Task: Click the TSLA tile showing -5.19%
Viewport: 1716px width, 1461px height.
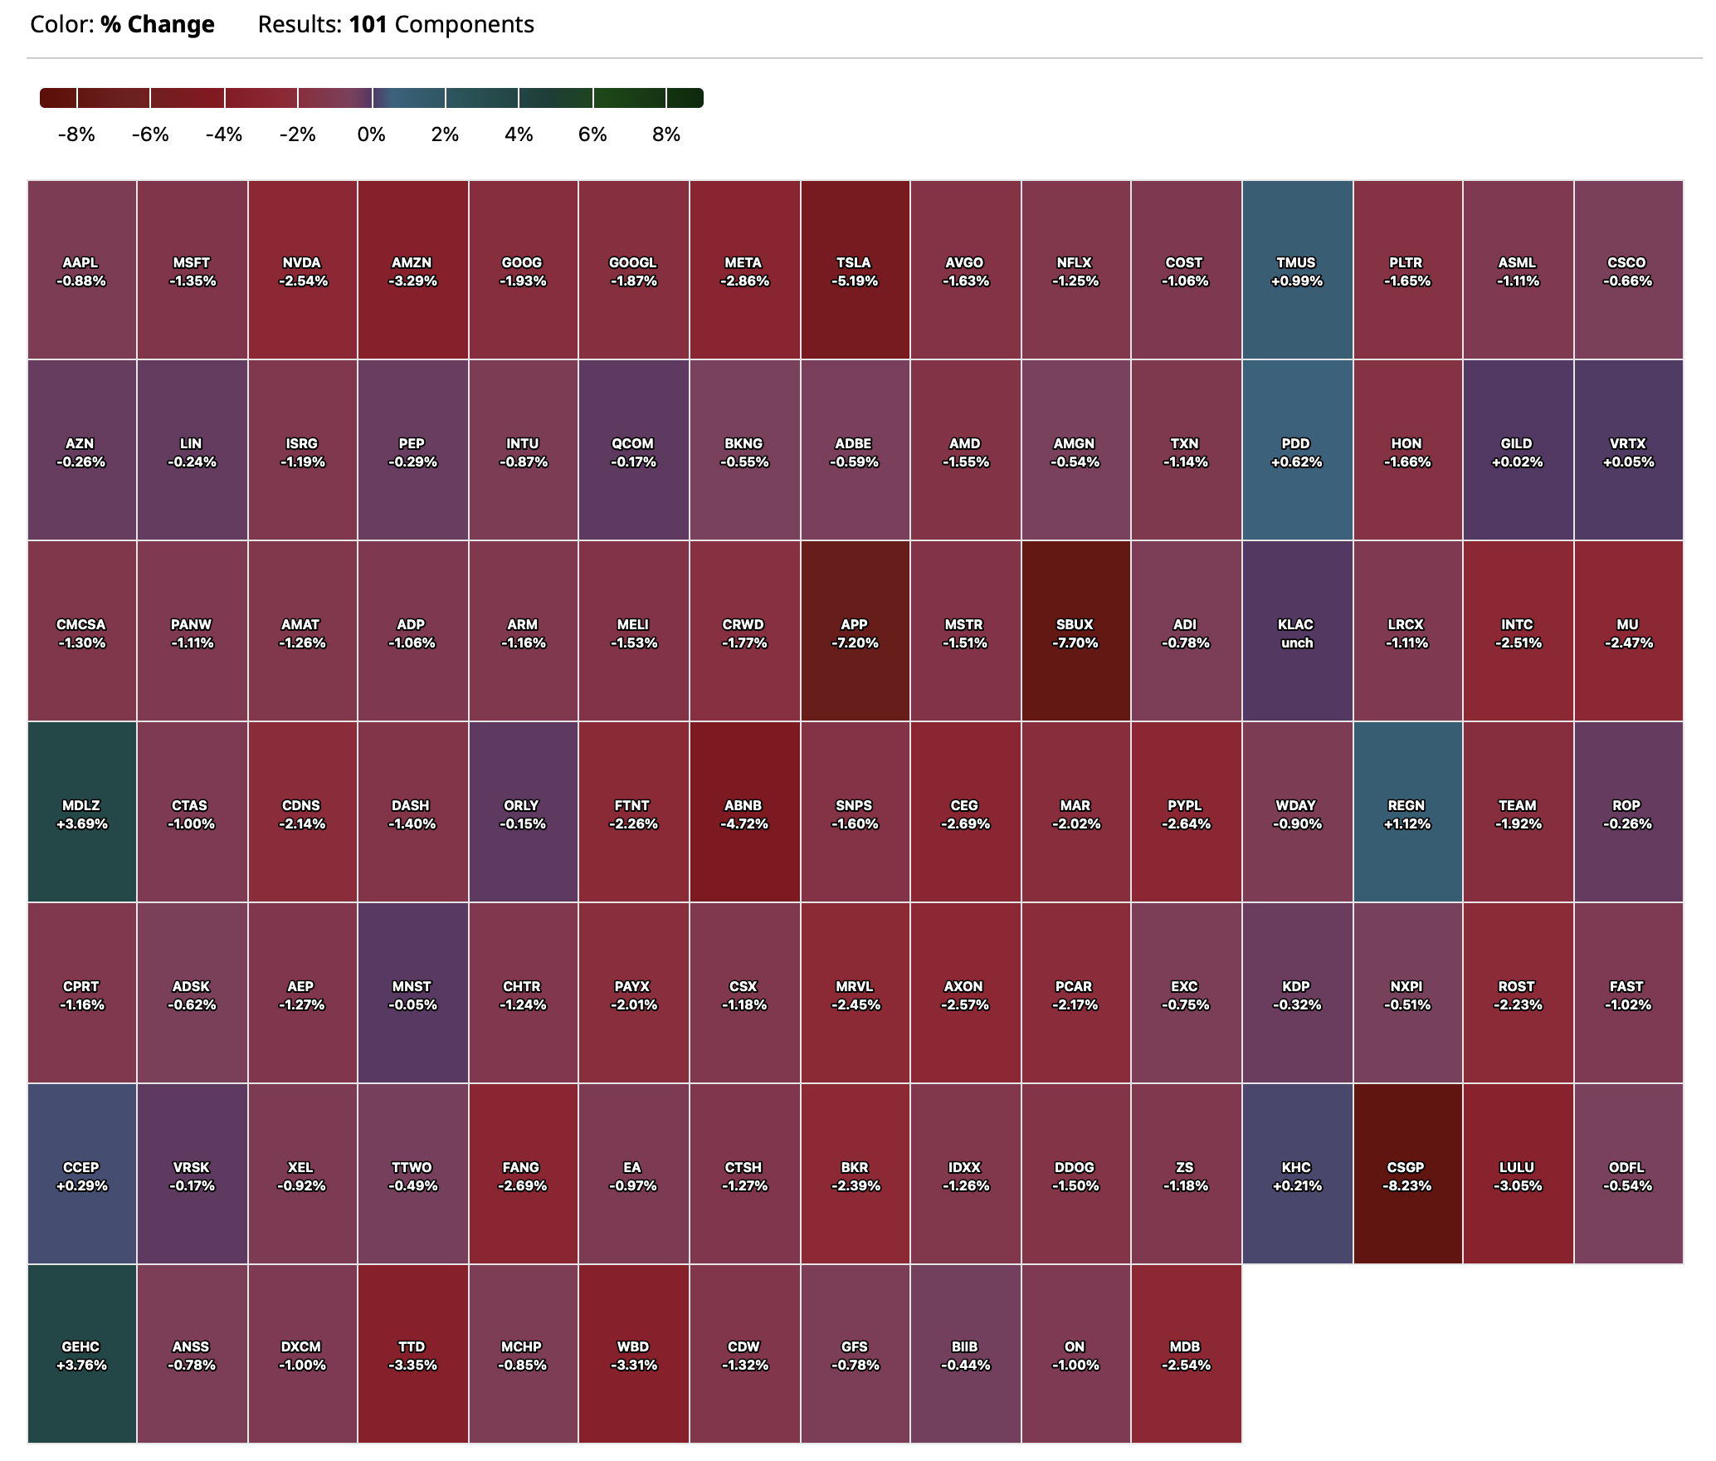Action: click(855, 271)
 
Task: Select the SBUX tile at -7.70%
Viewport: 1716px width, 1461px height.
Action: click(1075, 633)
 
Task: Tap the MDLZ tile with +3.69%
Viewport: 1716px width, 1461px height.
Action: click(81, 814)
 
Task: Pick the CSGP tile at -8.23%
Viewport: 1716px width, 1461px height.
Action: click(1406, 1175)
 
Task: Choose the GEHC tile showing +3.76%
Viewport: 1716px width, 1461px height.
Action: click(81, 1355)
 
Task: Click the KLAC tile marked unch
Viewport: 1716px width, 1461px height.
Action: click(1296, 633)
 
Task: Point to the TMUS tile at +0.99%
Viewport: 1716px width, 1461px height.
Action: click(1296, 271)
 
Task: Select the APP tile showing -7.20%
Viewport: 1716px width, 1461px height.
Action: click(855, 633)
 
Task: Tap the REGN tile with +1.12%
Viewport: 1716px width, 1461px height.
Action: click(1406, 814)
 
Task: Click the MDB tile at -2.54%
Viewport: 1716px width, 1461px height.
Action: click(1185, 1355)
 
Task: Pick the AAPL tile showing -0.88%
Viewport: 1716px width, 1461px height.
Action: click(81, 271)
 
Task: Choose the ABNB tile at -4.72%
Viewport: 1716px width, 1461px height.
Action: click(743, 814)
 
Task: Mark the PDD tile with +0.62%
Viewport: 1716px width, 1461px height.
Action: click(1296, 452)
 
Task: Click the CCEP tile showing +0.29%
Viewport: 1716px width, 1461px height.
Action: click(81, 1175)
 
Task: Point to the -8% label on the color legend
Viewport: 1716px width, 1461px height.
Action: click(76, 134)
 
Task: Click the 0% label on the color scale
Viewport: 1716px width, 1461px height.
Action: click(371, 134)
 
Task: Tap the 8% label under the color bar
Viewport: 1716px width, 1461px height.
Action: click(665, 134)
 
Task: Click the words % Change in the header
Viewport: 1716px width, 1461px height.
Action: click(158, 25)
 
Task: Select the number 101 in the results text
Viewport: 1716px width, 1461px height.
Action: click(368, 25)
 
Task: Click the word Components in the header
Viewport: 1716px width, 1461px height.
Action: click(464, 25)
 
